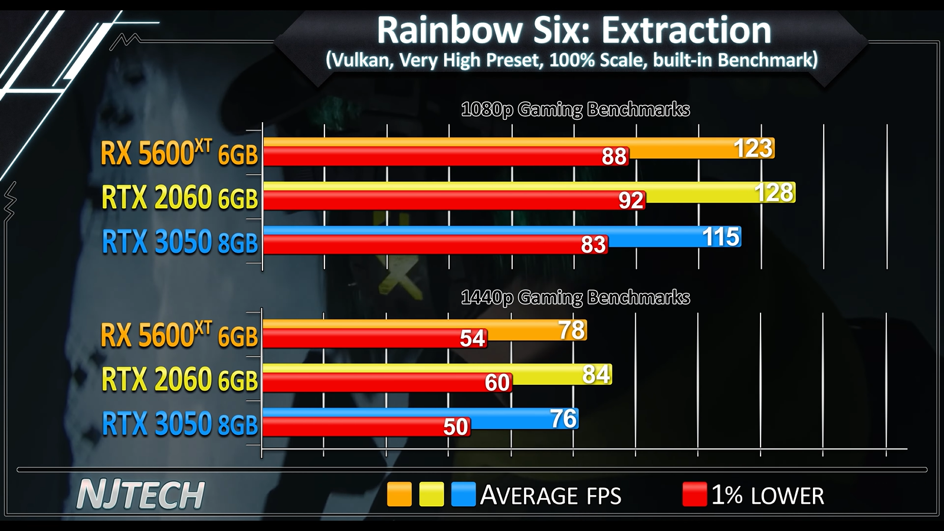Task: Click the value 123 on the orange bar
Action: (753, 148)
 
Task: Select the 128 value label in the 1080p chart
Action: (774, 193)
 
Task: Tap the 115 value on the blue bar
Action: (720, 237)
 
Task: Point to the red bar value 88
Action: (614, 156)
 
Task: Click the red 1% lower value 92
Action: (631, 201)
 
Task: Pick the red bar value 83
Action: (593, 245)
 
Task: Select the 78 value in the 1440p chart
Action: (572, 330)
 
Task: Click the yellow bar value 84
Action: (596, 375)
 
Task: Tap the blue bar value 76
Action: (563, 419)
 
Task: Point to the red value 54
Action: (473, 339)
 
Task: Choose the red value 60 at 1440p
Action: (497, 383)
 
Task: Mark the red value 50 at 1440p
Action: (455, 427)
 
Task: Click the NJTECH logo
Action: (141, 494)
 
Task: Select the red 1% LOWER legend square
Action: (694, 494)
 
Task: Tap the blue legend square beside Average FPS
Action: (463, 494)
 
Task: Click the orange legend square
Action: (399, 494)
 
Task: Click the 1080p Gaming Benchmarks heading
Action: (575, 110)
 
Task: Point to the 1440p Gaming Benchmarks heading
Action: (575, 297)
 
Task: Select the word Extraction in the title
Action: (686, 31)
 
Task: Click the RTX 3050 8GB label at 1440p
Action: (180, 424)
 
